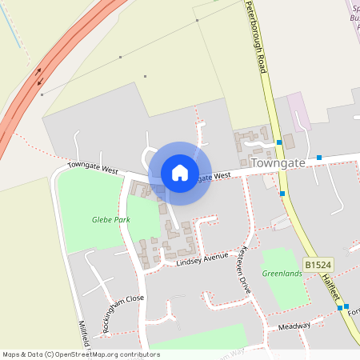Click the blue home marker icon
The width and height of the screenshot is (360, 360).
tap(180, 173)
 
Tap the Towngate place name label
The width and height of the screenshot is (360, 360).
tap(278, 162)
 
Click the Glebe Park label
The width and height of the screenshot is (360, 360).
tap(110, 219)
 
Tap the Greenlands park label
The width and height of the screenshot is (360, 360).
tap(282, 274)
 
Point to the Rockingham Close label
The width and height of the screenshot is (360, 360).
tap(122, 308)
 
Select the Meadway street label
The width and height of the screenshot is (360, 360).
tap(294, 326)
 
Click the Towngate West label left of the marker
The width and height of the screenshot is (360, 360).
tap(93, 170)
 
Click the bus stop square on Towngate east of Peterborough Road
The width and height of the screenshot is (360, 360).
tap(319, 157)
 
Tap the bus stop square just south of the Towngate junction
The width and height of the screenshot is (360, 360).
tap(282, 193)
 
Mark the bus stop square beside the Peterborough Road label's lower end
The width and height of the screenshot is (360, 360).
tap(279, 142)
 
